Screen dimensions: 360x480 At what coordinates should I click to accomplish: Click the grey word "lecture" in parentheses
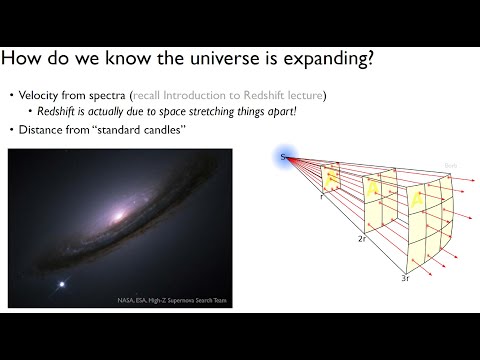(306, 94)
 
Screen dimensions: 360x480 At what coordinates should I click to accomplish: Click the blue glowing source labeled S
(285, 156)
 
